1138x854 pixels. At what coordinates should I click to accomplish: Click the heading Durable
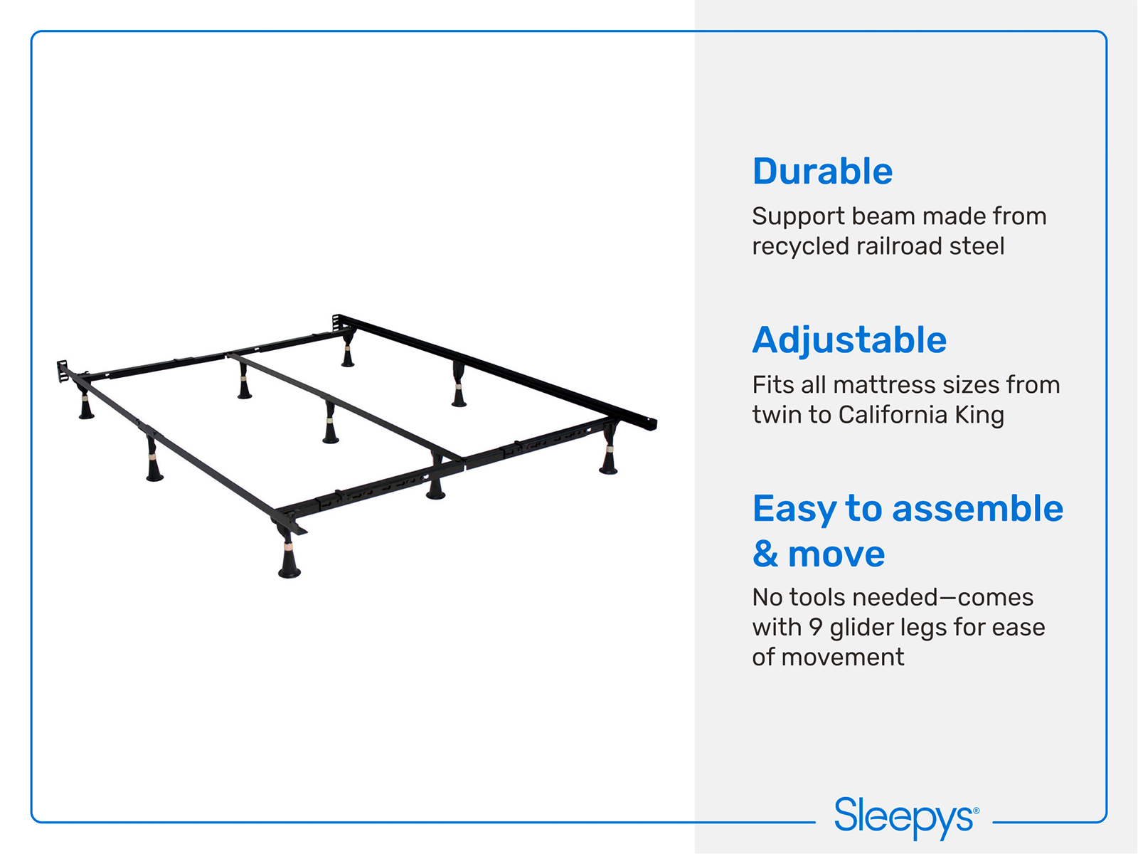822,172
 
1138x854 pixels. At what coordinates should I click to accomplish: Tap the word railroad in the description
900,246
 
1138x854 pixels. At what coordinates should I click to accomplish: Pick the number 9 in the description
816,628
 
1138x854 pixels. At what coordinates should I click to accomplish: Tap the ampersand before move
765,554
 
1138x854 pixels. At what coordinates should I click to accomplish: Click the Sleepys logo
906,818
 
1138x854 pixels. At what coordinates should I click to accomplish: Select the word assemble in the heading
978,509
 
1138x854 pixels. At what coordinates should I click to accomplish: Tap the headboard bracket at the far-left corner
62,371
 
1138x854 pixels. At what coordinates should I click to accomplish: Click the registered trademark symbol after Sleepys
977,809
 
